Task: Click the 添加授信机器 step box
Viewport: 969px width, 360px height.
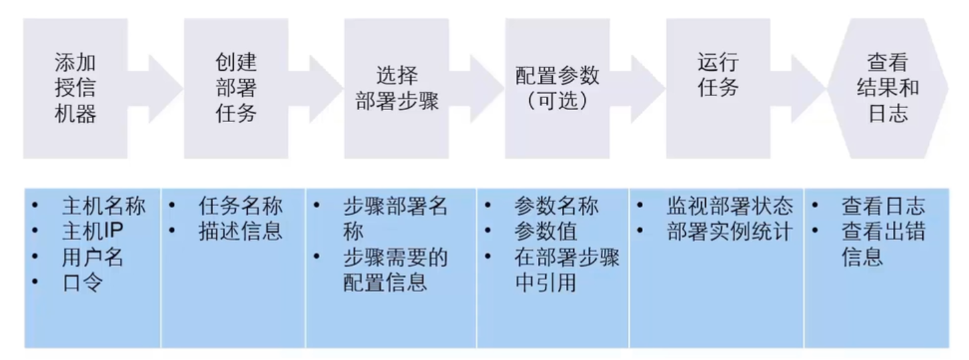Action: (x=75, y=88)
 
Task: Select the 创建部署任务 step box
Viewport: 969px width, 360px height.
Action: (x=236, y=88)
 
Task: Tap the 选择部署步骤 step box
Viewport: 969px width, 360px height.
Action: (x=397, y=88)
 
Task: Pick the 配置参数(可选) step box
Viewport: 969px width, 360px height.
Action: (x=557, y=88)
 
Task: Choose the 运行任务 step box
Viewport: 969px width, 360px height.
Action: (x=718, y=88)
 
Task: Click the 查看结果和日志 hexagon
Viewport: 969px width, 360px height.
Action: (x=888, y=88)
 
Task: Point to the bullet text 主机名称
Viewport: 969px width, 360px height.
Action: (x=103, y=207)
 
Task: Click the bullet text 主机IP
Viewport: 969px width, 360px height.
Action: (x=93, y=232)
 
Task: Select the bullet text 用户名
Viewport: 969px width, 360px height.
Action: (x=93, y=258)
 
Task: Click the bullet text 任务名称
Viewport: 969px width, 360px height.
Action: (x=240, y=207)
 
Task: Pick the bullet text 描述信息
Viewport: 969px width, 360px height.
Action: (x=240, y=232)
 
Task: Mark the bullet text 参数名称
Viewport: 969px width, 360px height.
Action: (x=556, y=207)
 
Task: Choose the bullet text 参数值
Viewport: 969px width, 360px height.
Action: (x=546, y=232)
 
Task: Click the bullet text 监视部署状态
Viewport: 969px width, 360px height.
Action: (x=730, y=207)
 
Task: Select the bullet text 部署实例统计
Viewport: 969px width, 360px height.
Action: (x=730, y=232)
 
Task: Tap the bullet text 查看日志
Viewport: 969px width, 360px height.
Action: (x=883, y=207)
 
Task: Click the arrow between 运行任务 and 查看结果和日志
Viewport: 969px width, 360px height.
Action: (x=806, y=88)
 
